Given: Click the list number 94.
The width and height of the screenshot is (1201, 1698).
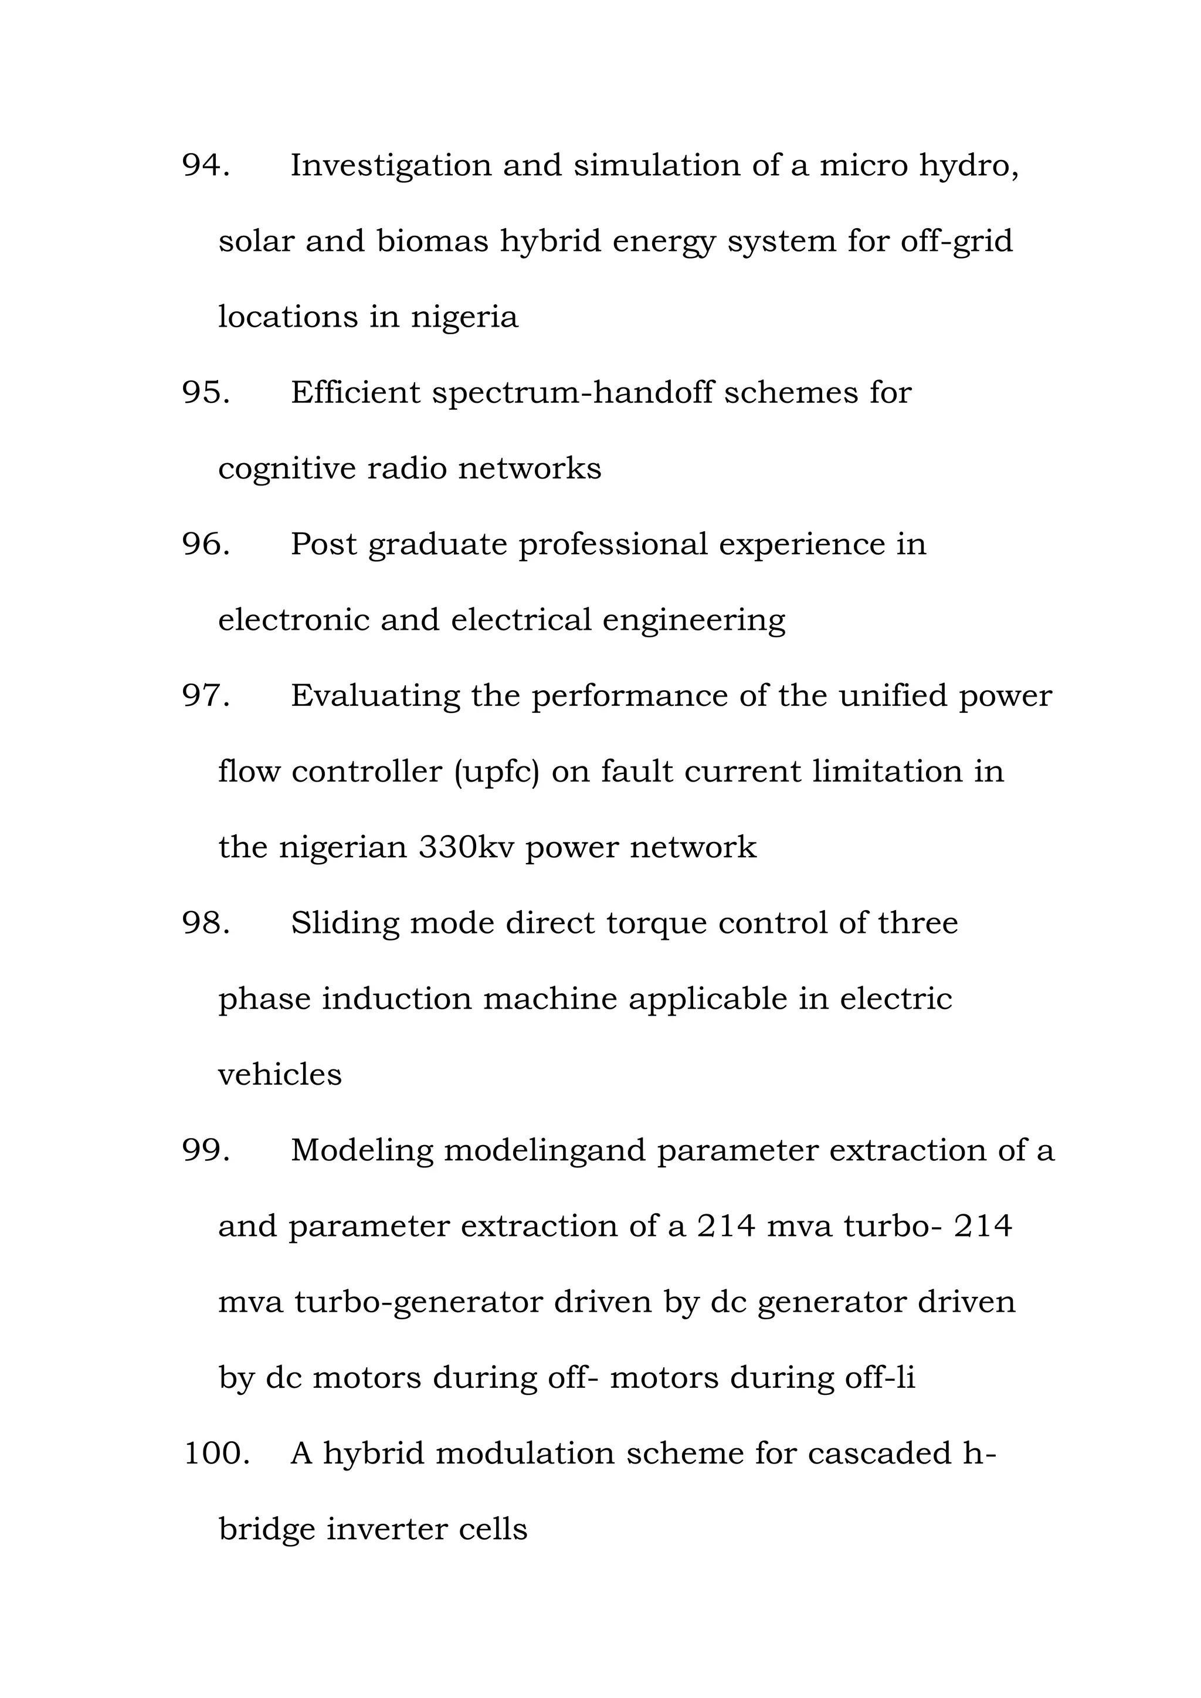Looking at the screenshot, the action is click(206, 165).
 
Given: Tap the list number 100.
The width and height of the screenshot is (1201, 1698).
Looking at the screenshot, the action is click(216, 1454).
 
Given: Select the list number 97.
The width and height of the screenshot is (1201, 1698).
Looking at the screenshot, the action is click(206, 695).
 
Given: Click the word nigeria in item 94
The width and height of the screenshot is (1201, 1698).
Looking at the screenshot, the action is click(464, 318).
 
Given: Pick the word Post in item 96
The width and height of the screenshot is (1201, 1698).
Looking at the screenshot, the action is click(323, 544).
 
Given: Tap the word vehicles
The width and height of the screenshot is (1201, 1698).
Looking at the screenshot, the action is click(280, 1075).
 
